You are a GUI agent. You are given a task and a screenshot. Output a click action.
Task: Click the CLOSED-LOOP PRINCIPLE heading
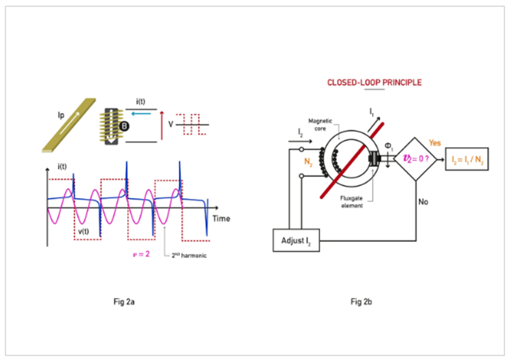click(374, 82)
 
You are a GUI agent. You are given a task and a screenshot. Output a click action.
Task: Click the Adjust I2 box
click(296, 241)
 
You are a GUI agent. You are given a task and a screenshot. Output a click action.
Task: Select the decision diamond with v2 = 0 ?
click(417, 159)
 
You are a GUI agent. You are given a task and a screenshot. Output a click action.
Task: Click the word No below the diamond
click(422, 202)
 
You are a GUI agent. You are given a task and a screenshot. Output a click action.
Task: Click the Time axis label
click(221, 218)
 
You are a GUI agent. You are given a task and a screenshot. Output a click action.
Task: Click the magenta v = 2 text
click(140, 254)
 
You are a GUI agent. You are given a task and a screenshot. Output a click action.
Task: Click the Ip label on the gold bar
click(61, 116)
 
